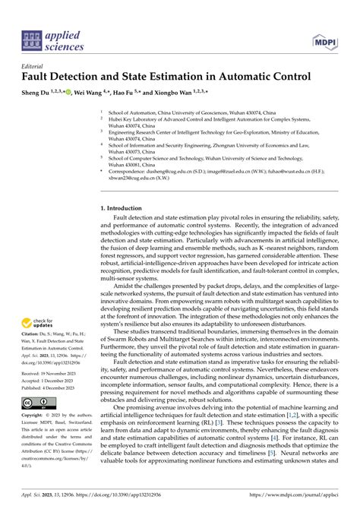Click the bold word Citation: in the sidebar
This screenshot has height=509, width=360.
coord(33,343)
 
